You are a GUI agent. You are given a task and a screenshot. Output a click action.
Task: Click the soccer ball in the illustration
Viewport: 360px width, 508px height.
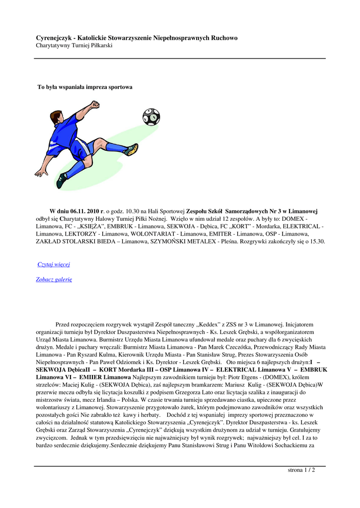[x=151, y=117]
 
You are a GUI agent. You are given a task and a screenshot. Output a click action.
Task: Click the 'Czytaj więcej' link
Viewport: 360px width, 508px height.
[x=54, y=264]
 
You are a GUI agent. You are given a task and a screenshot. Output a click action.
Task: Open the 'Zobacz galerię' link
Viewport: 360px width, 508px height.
[x=54, y=279]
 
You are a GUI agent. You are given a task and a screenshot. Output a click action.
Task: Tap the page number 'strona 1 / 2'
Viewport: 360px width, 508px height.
[x=301, y=470]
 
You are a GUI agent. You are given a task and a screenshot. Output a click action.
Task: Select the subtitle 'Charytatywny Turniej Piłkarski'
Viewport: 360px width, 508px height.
[x=74, y=46]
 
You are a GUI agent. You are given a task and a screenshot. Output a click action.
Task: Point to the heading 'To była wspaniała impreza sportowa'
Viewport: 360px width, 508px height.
[x=85, y=87]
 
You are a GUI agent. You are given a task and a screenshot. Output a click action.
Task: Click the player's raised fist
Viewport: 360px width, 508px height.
[x=94, y=104]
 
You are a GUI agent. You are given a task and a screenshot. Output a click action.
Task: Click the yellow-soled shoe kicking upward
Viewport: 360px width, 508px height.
[x=132, y=149]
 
